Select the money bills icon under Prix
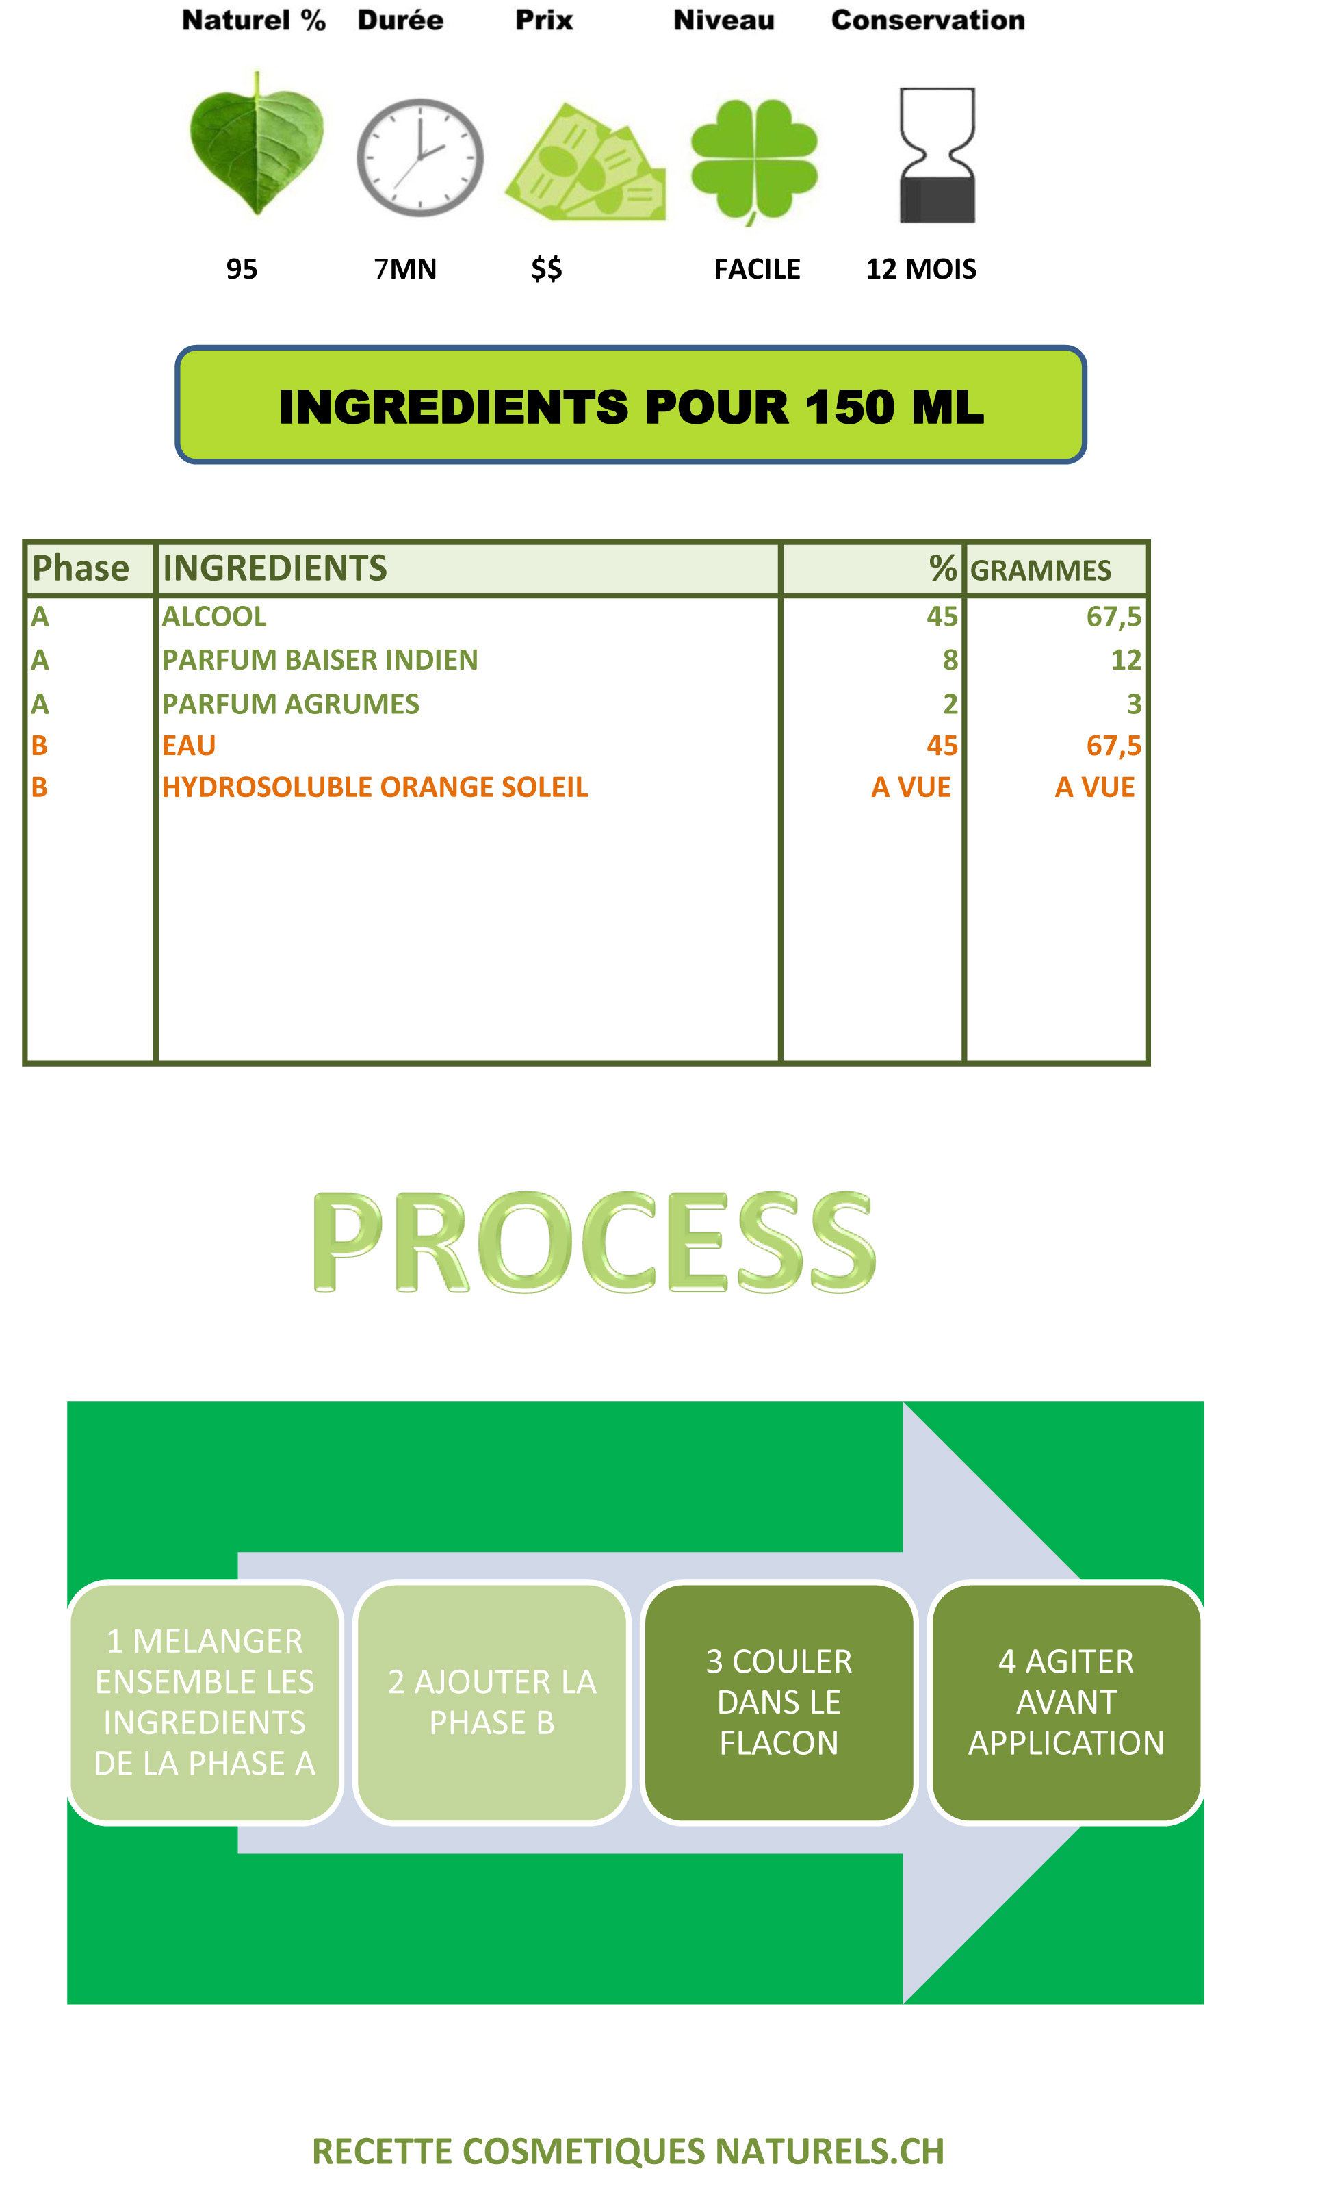pyautogui.click(x=585, y=162)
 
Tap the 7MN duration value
pyautogui.click(x=405, y=269)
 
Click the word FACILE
pyautogui.click(x=757, y=269)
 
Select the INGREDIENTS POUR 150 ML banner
pyautogui.click(x=631, y=405)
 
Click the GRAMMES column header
pyautogui.click(x=1040, y=570)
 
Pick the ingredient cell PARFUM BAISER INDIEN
pyautogui.click(x=320, y=659)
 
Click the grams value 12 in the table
pyautogui.click(x=1126, y=659)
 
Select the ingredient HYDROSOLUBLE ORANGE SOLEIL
pyautogui.click(x=374, y=787)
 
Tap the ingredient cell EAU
pyautogui.click(x=189, y=746)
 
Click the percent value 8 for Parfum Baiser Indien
pyautogui.click(x=950, y=659)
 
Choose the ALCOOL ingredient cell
pyautogui.click(x=213, y=617)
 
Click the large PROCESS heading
pyautogui.click(x=594, y=1242)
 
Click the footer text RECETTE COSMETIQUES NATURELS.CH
pyautogui.click(x=628, y=2151)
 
